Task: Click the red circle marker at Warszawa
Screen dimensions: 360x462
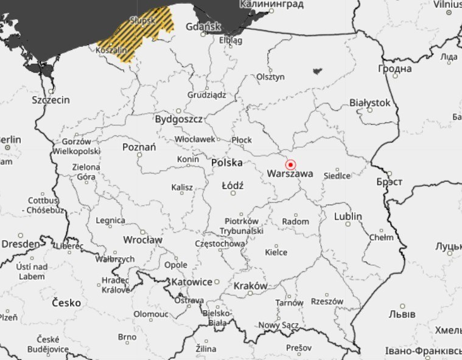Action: pos(290,165)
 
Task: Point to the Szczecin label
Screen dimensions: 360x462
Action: pos(51,100)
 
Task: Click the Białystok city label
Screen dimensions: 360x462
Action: pos(370,103)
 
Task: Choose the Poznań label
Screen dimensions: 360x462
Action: pos(139,147)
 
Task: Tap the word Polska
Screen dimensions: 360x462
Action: pos(226,162)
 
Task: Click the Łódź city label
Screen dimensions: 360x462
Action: pos(232,184)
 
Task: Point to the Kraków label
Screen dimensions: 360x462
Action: pos(250,286)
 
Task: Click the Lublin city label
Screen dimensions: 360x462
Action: pos(348,216)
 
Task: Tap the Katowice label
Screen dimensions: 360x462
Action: pos(192,282)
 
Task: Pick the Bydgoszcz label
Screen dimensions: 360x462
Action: pos(178,119)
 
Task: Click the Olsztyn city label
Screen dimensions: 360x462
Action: pos(270,77)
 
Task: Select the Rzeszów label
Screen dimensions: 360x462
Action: pos(327,301)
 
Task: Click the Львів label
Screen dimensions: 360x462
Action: pos(402,314)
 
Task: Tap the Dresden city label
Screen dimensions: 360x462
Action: pos(20,243)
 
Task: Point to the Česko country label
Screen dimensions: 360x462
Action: pos(66,302)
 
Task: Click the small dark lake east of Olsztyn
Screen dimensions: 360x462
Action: pos(317,71)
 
